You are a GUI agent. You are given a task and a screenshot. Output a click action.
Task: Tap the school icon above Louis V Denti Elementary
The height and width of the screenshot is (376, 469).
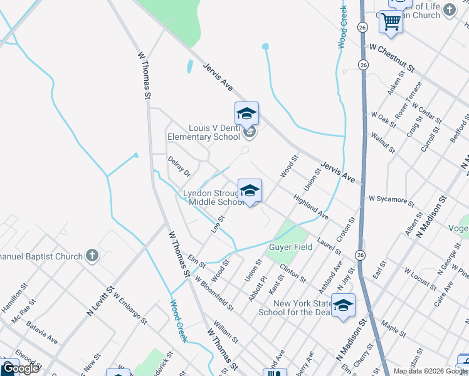(x=246, y=114)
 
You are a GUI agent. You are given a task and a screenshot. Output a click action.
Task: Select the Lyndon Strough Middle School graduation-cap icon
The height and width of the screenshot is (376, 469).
(x=250, y=191)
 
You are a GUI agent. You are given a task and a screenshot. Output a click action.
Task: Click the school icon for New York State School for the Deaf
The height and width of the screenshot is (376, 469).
(x=343, y=305)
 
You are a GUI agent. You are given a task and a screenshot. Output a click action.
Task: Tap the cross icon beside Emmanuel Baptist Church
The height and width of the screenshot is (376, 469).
(x=92, y=255)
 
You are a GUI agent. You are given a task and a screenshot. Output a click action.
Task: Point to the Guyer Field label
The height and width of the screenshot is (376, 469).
(x=290, y=247)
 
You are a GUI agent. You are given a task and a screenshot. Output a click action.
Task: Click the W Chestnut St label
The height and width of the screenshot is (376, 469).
(x=392, y=57)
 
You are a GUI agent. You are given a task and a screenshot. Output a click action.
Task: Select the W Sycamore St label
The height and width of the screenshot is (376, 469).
(x=391, y=201)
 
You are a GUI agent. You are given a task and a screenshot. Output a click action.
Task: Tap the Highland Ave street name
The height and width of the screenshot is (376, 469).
(x=311, y=206)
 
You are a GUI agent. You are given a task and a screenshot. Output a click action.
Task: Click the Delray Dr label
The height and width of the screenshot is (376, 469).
(x=179, y=166)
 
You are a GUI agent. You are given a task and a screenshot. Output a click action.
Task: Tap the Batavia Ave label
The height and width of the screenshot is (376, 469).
(x=43, y=332)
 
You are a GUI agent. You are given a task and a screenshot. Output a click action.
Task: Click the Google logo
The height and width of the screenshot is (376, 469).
(x=20, y=368)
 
